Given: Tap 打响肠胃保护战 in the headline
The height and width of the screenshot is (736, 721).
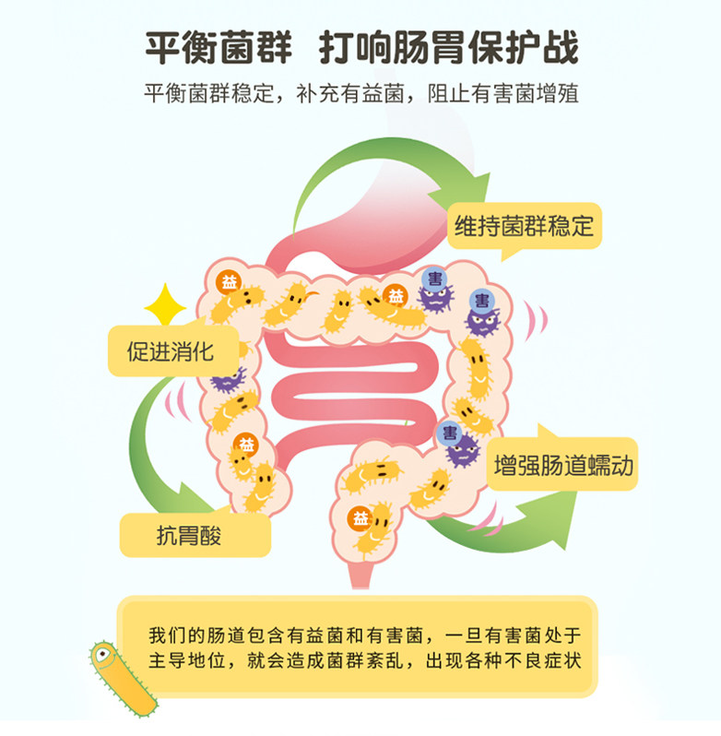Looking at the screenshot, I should (448, 48).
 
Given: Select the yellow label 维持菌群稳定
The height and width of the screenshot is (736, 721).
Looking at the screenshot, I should (524, 226).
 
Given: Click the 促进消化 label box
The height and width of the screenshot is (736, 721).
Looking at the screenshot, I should (171, 350).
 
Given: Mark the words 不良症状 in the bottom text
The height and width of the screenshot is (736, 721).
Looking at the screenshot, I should (548, 661).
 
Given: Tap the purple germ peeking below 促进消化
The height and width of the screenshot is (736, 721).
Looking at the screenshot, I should (225, 379).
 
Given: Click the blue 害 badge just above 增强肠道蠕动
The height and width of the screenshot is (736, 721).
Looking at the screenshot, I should (449, 432).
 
